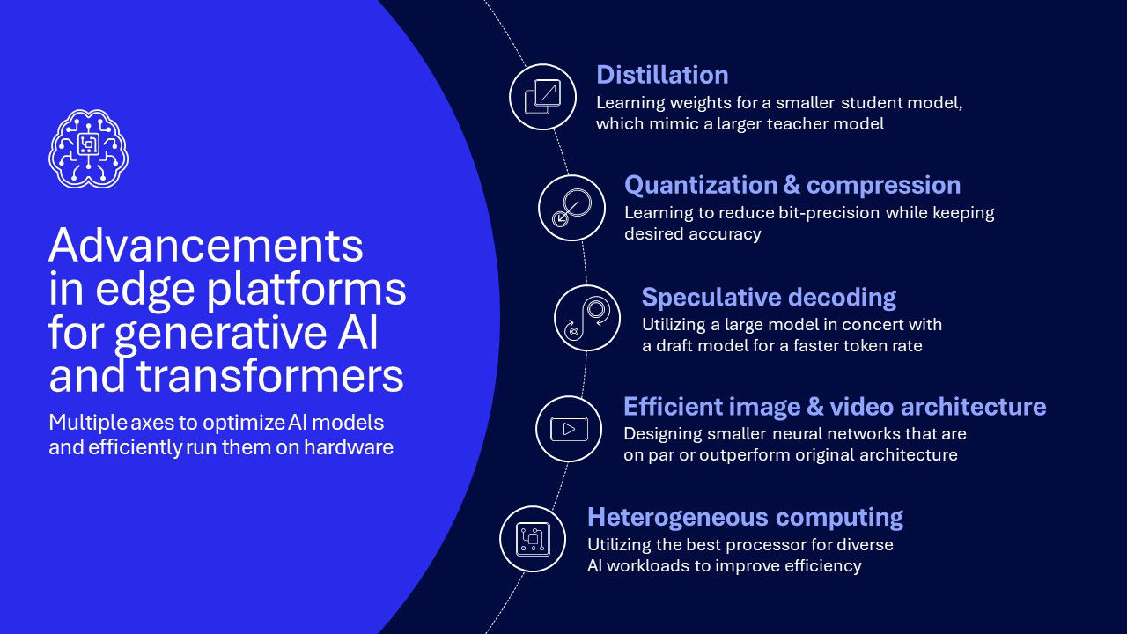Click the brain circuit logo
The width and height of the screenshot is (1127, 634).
89,149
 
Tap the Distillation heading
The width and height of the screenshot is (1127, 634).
662,75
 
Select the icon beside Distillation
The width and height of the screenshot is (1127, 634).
542,97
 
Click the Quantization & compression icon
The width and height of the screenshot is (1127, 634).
571,208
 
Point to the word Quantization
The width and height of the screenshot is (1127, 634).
701,185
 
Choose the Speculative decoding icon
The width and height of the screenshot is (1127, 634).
587,318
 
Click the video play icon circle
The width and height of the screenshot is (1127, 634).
569,429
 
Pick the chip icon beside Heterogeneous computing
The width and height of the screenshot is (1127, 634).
533,539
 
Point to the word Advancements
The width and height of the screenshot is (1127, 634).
206,245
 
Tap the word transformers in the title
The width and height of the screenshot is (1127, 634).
269,375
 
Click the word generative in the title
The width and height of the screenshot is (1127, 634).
221,334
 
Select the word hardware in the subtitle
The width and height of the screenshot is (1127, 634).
348,447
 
